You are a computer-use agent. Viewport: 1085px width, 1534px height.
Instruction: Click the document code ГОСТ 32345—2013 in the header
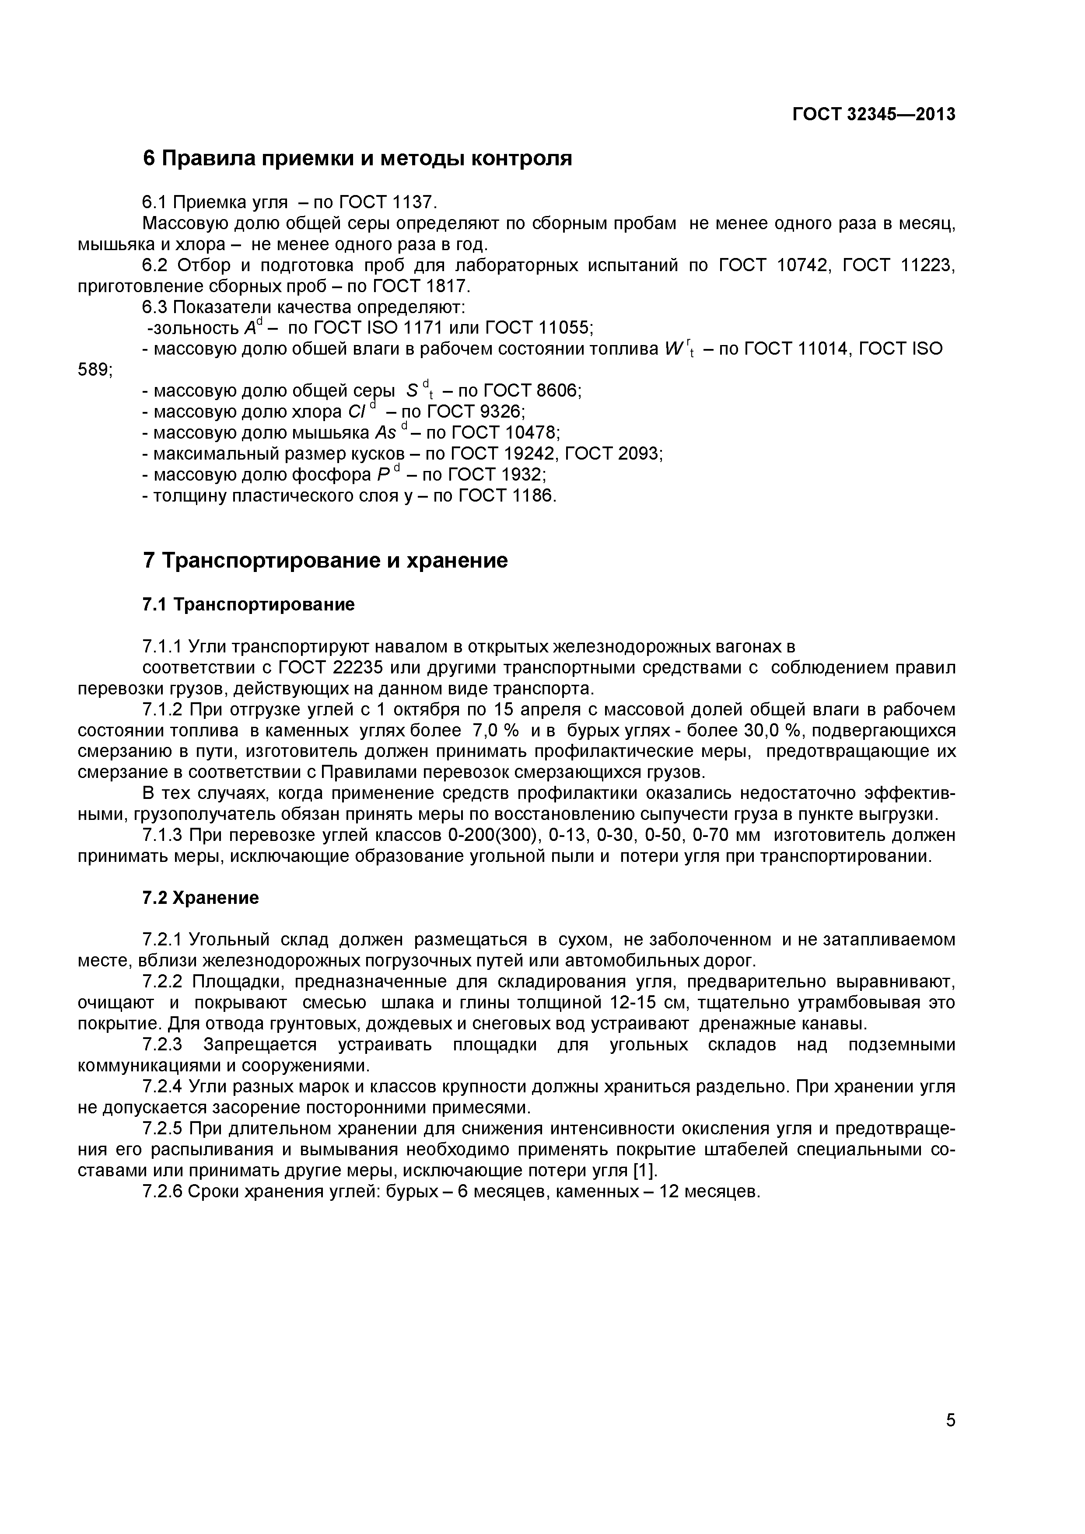point(873,115)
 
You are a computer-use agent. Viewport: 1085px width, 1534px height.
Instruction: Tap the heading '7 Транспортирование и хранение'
point(325,560)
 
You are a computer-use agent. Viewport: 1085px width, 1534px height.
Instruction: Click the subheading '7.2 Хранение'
point(200,898)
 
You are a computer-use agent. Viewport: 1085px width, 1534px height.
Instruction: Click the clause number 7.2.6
point(162,1192)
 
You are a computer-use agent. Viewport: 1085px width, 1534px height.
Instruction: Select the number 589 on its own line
point(94,370)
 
